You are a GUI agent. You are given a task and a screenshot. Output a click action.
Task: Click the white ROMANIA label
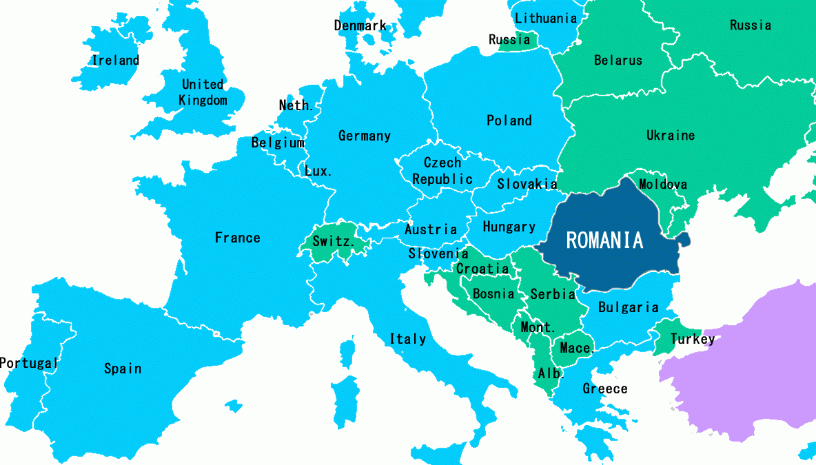click(604, 240)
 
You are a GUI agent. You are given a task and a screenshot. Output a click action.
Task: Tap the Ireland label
click(116, 61)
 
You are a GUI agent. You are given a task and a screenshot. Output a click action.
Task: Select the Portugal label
click(29, 363)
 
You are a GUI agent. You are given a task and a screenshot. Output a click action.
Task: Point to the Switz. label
click(334, 242)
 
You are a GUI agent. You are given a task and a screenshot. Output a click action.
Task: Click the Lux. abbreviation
click(318, 171)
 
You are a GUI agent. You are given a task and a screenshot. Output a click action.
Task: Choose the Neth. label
click(296, 105)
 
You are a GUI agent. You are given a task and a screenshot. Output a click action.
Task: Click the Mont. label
click(538, 327)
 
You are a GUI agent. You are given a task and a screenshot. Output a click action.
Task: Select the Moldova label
click(662, 185)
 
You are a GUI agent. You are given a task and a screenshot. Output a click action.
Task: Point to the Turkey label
click(693, 339)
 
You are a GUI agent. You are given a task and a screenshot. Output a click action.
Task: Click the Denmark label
click(360, 25)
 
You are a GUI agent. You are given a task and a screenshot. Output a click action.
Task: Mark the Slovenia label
click(438, 254)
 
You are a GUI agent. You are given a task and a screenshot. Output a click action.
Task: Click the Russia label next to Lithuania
click(509, 40)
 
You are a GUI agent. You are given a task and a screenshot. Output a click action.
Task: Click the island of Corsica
click(349, 349)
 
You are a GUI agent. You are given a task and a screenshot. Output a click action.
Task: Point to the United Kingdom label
click(203, 92)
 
